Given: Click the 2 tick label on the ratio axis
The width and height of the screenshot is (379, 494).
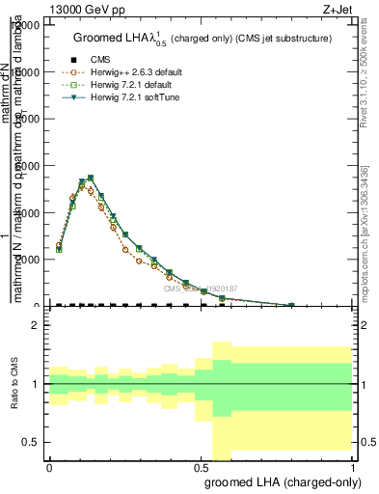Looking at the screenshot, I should pos(36,325).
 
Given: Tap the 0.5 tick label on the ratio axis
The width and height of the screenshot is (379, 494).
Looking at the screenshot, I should pos(32,442).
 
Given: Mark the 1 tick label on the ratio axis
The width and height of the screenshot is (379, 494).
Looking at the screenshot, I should pos(36,384).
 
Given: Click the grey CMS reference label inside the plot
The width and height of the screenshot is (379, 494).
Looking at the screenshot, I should pos(200,288).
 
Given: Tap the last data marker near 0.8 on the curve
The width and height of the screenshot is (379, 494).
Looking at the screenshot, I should pos(292,305).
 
